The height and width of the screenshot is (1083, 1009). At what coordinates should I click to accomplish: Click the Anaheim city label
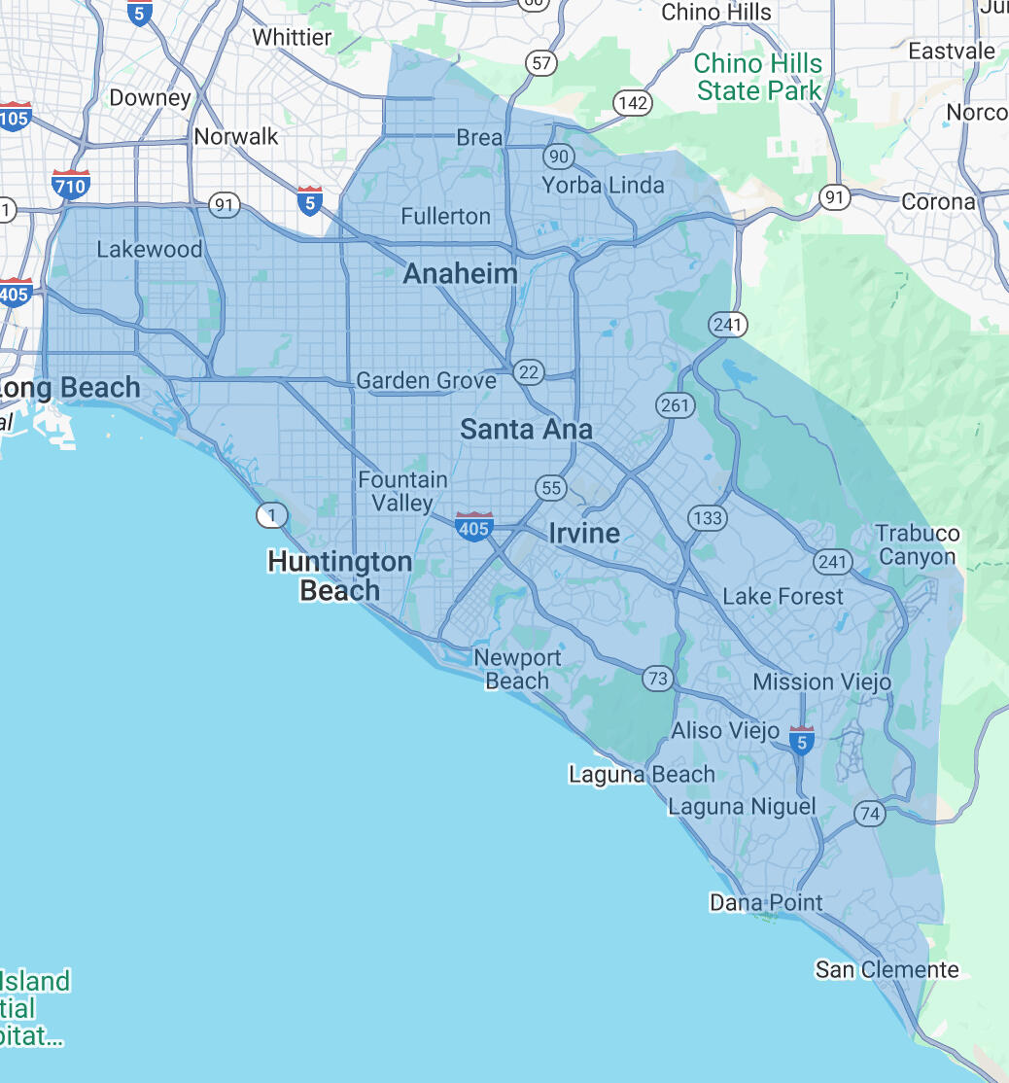460,274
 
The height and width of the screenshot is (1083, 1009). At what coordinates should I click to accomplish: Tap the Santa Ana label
526,429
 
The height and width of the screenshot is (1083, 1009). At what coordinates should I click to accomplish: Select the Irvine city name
584,533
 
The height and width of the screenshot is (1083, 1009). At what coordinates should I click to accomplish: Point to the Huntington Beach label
339,576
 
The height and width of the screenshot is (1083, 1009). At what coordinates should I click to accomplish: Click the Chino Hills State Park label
758,78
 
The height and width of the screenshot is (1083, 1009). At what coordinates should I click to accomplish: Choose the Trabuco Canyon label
918,545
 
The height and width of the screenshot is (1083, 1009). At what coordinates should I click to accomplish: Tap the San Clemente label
887,969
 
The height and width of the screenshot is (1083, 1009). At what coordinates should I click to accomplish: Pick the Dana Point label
766,902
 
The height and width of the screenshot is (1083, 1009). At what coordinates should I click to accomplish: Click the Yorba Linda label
603,185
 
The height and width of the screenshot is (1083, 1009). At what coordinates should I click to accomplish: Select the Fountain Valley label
402,491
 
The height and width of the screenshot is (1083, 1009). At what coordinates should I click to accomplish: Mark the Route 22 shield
529,370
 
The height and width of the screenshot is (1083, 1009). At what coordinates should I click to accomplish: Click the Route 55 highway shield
550,487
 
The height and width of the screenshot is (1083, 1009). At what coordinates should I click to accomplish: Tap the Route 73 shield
658,679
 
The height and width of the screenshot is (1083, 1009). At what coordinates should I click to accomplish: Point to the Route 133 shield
707,518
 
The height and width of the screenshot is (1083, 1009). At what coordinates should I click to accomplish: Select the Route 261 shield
675,405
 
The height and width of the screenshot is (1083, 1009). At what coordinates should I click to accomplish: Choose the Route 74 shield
870,814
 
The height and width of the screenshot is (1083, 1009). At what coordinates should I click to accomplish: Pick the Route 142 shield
632,103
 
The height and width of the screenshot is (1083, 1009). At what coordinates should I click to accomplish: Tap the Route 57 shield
541,64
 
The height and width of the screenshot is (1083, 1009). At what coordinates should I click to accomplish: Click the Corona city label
938,202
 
